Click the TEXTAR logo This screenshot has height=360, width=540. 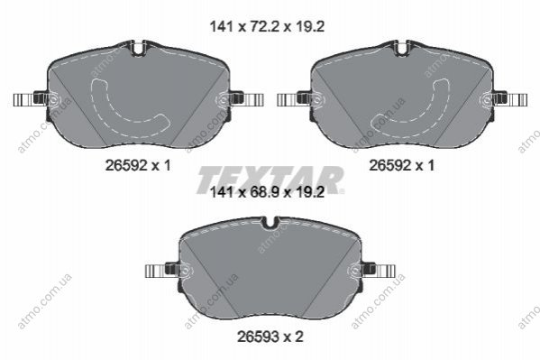click(x=270, y=180)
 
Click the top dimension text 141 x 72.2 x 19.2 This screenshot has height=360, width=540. click(x=267, y=26)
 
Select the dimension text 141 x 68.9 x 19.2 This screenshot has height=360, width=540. click(x=267, y=192)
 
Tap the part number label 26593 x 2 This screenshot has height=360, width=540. click(x=270, y=337)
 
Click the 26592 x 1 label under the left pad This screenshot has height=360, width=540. click(x=138, y=165)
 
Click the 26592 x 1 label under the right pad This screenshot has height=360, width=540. click(x=401, y=165)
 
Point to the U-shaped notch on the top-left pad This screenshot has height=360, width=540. click(x=138, y=49)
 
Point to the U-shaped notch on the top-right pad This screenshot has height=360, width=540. click(x=402, y=49)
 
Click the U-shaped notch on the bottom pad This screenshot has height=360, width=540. click(x=270, y=223)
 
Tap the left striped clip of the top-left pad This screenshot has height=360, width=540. click(x=24, y=100)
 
